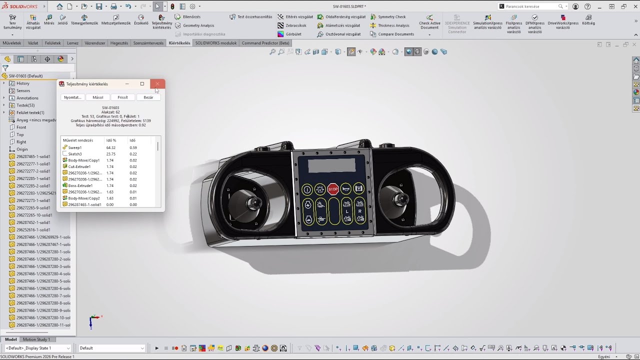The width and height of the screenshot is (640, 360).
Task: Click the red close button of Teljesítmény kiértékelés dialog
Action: point(157,84)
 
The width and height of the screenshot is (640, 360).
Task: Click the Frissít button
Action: point(123,97)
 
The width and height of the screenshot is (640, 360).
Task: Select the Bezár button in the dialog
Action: point(148,97)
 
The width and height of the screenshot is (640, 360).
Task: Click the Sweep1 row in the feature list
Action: point(75,147)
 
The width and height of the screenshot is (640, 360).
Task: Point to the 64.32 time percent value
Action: point(111,147)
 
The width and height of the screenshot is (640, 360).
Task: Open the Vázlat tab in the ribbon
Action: point(33,43)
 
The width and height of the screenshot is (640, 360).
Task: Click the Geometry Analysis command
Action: point(198,25)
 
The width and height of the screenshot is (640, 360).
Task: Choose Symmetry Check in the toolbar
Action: point(391,17)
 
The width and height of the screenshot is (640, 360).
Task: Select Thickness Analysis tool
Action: point(393,25)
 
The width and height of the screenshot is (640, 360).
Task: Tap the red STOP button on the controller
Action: point(333,189)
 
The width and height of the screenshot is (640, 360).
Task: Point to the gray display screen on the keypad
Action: point(332,165)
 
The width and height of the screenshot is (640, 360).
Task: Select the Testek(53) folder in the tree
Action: point(25,105)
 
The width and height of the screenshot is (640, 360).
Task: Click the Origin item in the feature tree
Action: point(22,149)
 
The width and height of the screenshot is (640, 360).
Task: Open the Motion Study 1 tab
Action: point(36,339)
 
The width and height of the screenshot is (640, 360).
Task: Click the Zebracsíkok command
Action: point(295,25)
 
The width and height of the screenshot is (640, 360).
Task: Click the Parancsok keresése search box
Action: point(531,6)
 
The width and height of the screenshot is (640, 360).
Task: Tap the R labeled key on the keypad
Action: point(359,211)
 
